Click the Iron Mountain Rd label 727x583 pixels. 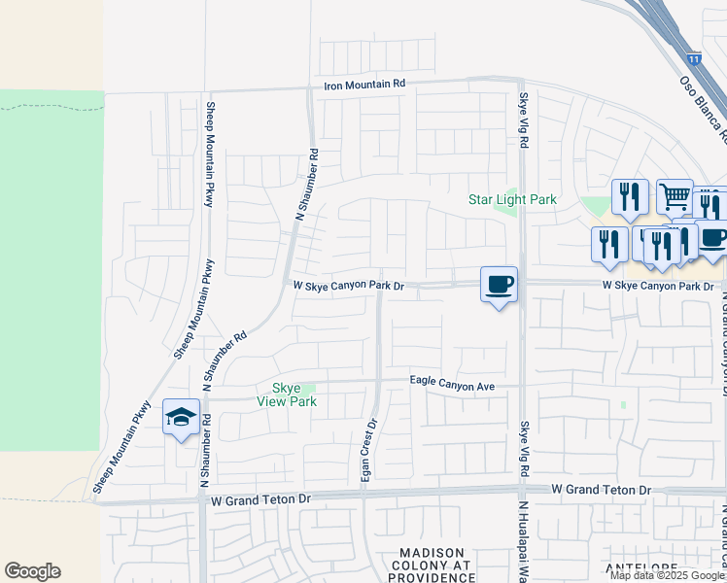tap(364, 86)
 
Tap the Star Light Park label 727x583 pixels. tap(512, 199)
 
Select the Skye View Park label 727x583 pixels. tap(287, 394)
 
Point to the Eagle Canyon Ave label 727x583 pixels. tap(452, 386)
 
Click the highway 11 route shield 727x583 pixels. tap(692, 59)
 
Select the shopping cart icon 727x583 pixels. tap(674, 196)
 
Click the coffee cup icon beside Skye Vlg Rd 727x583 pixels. tap(499, 285)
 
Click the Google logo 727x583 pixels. tap(32, 571)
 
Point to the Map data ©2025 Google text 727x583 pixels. tap(668, 575)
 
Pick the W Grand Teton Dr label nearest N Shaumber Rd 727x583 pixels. tap(260, 499)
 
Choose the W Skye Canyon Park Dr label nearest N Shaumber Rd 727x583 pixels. tap(348, 286)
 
